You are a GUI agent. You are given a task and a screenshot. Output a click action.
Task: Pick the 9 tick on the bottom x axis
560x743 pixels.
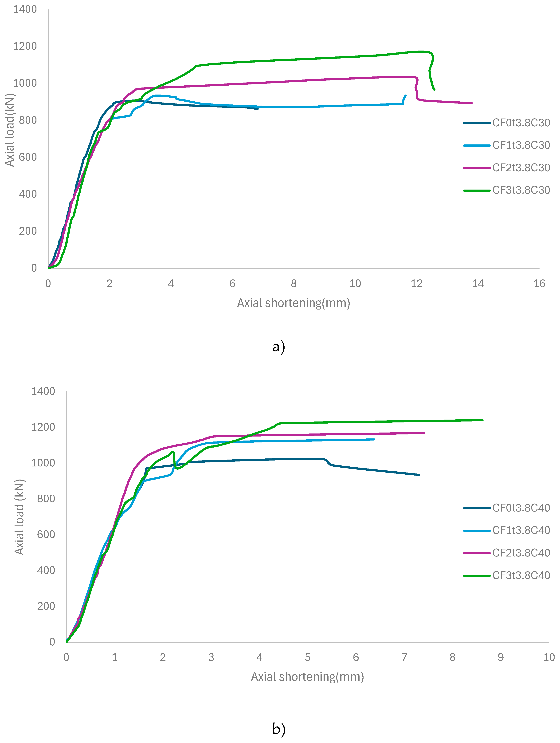[501, 657]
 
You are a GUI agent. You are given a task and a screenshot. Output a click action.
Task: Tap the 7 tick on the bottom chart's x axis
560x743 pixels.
[404, 657]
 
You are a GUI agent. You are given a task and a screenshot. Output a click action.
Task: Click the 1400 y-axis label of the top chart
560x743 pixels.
[25, 9]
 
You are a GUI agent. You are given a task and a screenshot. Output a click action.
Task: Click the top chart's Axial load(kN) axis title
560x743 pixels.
[9, 130]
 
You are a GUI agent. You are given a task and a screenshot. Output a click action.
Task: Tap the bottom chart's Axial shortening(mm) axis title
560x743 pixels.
[307, 677]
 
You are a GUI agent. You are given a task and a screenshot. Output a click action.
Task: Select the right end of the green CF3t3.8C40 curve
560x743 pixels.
[482, 420]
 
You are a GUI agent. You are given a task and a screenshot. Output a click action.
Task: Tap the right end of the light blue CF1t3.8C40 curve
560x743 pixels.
[374, 439]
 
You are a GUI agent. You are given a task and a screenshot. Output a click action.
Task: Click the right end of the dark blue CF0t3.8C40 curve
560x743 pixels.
[419, 475]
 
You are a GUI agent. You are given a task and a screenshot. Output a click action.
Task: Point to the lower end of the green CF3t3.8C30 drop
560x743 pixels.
[435, 90]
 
